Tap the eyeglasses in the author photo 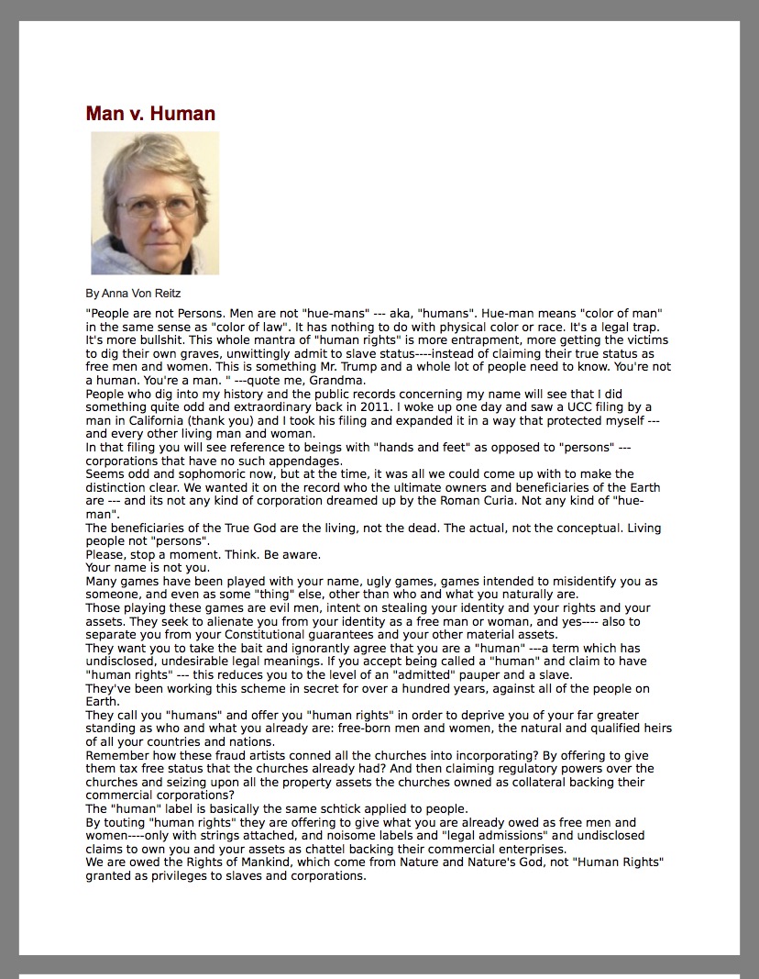[156, 206]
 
